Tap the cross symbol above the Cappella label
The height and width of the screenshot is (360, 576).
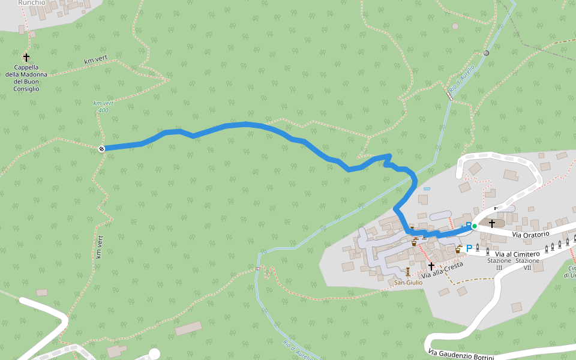coord(26,58)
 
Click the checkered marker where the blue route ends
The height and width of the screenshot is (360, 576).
coord(101,148)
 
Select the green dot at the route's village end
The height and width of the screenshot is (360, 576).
coord(474,226)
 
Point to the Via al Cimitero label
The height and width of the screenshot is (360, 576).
coord(518,254)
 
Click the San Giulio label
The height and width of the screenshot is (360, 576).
coord(409,282)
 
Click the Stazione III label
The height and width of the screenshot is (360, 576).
coord(499,264)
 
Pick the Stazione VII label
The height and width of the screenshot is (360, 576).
coord(527,264)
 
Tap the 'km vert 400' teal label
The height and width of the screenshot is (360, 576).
coord(103,106)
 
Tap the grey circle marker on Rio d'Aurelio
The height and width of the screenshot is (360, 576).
coord(486,53)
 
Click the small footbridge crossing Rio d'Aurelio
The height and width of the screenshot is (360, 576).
coord(449,95)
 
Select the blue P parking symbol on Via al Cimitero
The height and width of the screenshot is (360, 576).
coord(469,248)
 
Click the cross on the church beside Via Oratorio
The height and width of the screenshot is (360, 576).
coord(492,223)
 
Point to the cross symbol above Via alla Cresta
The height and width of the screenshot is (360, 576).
coord(431,265)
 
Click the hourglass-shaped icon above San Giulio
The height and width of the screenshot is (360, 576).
coord(408,271)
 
